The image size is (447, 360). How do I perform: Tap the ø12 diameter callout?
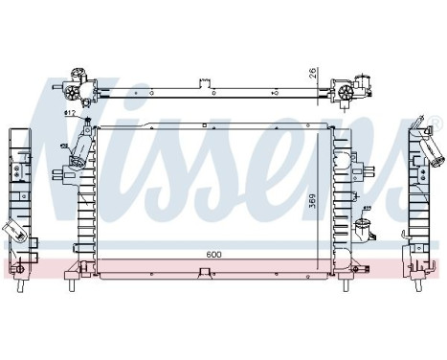pos(70,115)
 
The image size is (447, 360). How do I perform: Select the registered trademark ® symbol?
pos(436,123)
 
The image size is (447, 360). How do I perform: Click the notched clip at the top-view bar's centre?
pos(203,82)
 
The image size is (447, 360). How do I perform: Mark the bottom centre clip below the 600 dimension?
pos(203,274)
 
